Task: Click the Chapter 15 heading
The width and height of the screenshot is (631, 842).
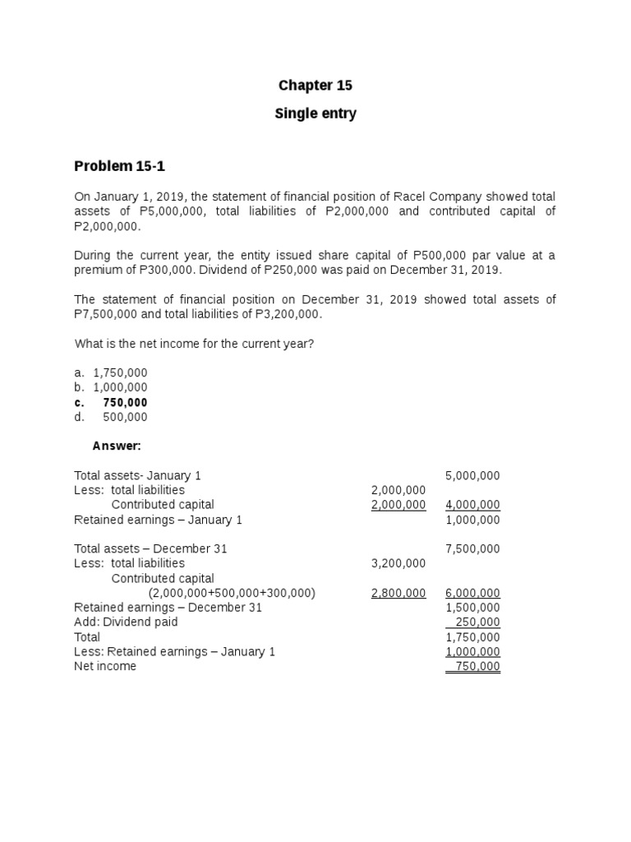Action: (x=315, y=86)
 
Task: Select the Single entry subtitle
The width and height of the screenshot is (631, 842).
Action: (x=315, y=114)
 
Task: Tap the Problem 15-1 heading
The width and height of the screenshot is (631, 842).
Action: (x=119, y=166)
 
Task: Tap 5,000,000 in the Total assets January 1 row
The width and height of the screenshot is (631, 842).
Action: (x=472, y=475)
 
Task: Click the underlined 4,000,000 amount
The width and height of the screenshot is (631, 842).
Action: (x=472, y=505)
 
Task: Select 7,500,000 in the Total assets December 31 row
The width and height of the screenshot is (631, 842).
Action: (x=472, y=548)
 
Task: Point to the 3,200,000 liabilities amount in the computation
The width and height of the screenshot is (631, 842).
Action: (x=398, y=563)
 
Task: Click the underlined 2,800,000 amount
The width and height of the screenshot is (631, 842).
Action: (x=398, y=593)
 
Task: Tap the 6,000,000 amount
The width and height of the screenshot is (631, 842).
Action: (x=472, y=593)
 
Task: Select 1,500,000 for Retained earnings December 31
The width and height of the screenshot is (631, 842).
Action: (x=472, y=608)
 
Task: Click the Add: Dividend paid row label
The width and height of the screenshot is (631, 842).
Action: (x=126, y=622)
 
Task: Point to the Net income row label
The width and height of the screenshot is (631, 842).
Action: (x=105, y=667)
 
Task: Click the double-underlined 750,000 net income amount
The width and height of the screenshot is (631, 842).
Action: (x=477, y=667)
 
